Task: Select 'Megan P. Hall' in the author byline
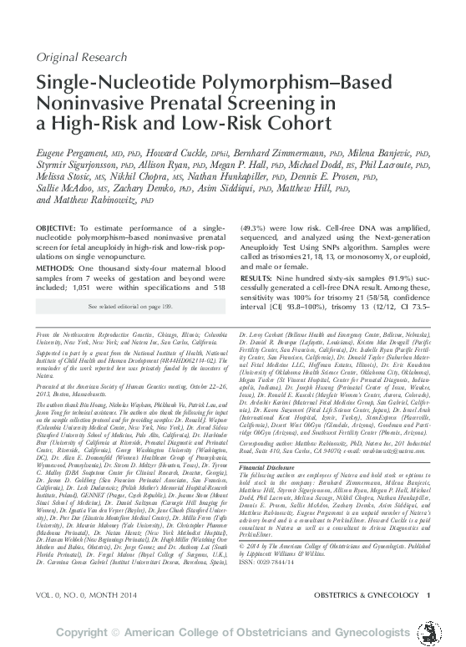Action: coord(251,166)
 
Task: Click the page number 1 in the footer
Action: coord(428,594)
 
